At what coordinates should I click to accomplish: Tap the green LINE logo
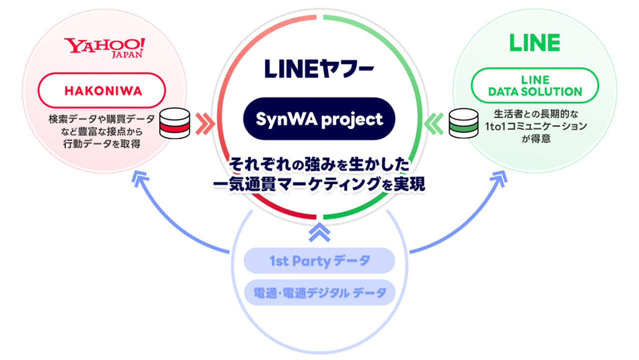[534, 43]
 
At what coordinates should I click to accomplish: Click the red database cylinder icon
[174, 123]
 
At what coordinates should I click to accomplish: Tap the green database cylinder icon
[463, 123]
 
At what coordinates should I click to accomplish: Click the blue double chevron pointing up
[319, 231]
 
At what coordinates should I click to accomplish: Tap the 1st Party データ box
[319, 261]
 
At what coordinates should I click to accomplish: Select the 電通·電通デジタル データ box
[319, 292]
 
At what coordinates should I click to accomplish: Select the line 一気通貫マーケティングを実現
[319, 184]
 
